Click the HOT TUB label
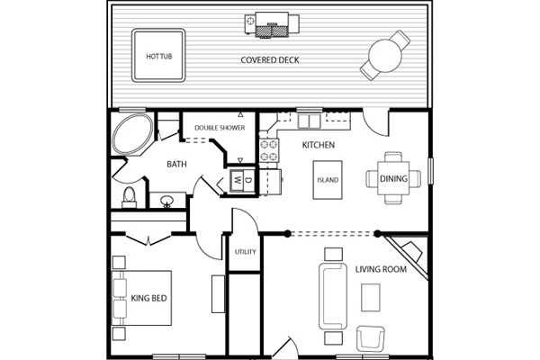[158, 56]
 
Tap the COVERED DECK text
[270, 60]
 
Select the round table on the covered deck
[385, 56]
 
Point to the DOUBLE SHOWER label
[220, 128]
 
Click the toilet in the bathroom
[130, 197]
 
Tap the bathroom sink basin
[167, 201]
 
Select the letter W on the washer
[238, 180]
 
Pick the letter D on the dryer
[248, 180]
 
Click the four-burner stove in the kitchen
[269, 150]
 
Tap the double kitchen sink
[310, 121]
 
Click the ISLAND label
[328, 180]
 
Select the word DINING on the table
[393, 178]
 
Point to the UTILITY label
[245, 252]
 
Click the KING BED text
[148, 298]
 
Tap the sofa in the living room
[333, 296]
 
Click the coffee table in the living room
[371, 297]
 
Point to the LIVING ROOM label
[381, 269]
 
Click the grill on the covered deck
[272, 24]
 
